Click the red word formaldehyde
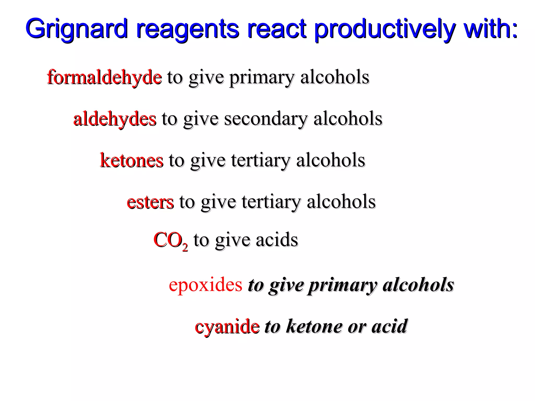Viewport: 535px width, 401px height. coord(104,77)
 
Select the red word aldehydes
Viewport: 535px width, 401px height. coord(115,119)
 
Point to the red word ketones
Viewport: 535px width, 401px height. coord(132,160)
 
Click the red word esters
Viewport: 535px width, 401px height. coord(150,202)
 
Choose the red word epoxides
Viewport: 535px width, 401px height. coord(206,285)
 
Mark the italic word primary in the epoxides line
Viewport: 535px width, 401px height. coord(342,285)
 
